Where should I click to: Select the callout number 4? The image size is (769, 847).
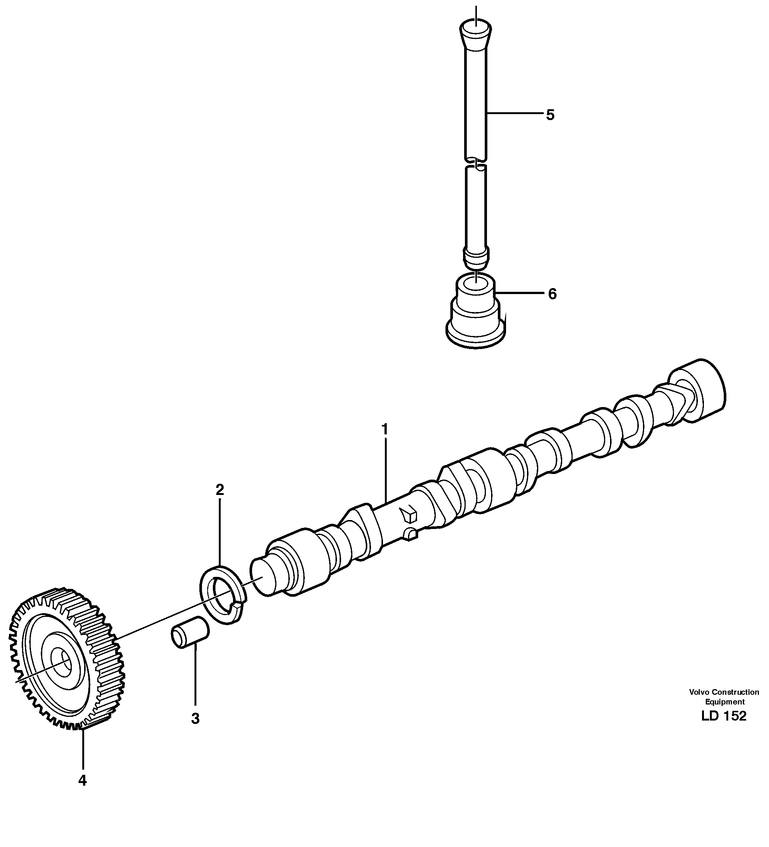click(x=82, y=780)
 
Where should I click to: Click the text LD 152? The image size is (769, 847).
click(x=724, y=716)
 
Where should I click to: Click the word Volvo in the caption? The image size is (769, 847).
click(x=699, y=692)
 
